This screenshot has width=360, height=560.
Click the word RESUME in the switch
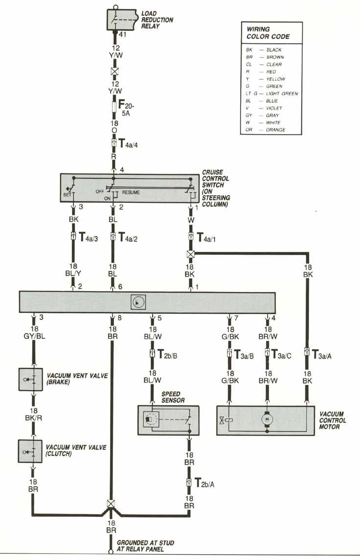(x=131, y=193)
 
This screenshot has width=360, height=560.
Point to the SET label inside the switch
(x=67, y=195)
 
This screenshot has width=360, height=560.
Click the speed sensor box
(x=168, y=419)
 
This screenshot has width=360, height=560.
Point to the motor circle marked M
(x=267, y=419)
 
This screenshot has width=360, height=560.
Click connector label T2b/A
(x=204, y=484)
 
